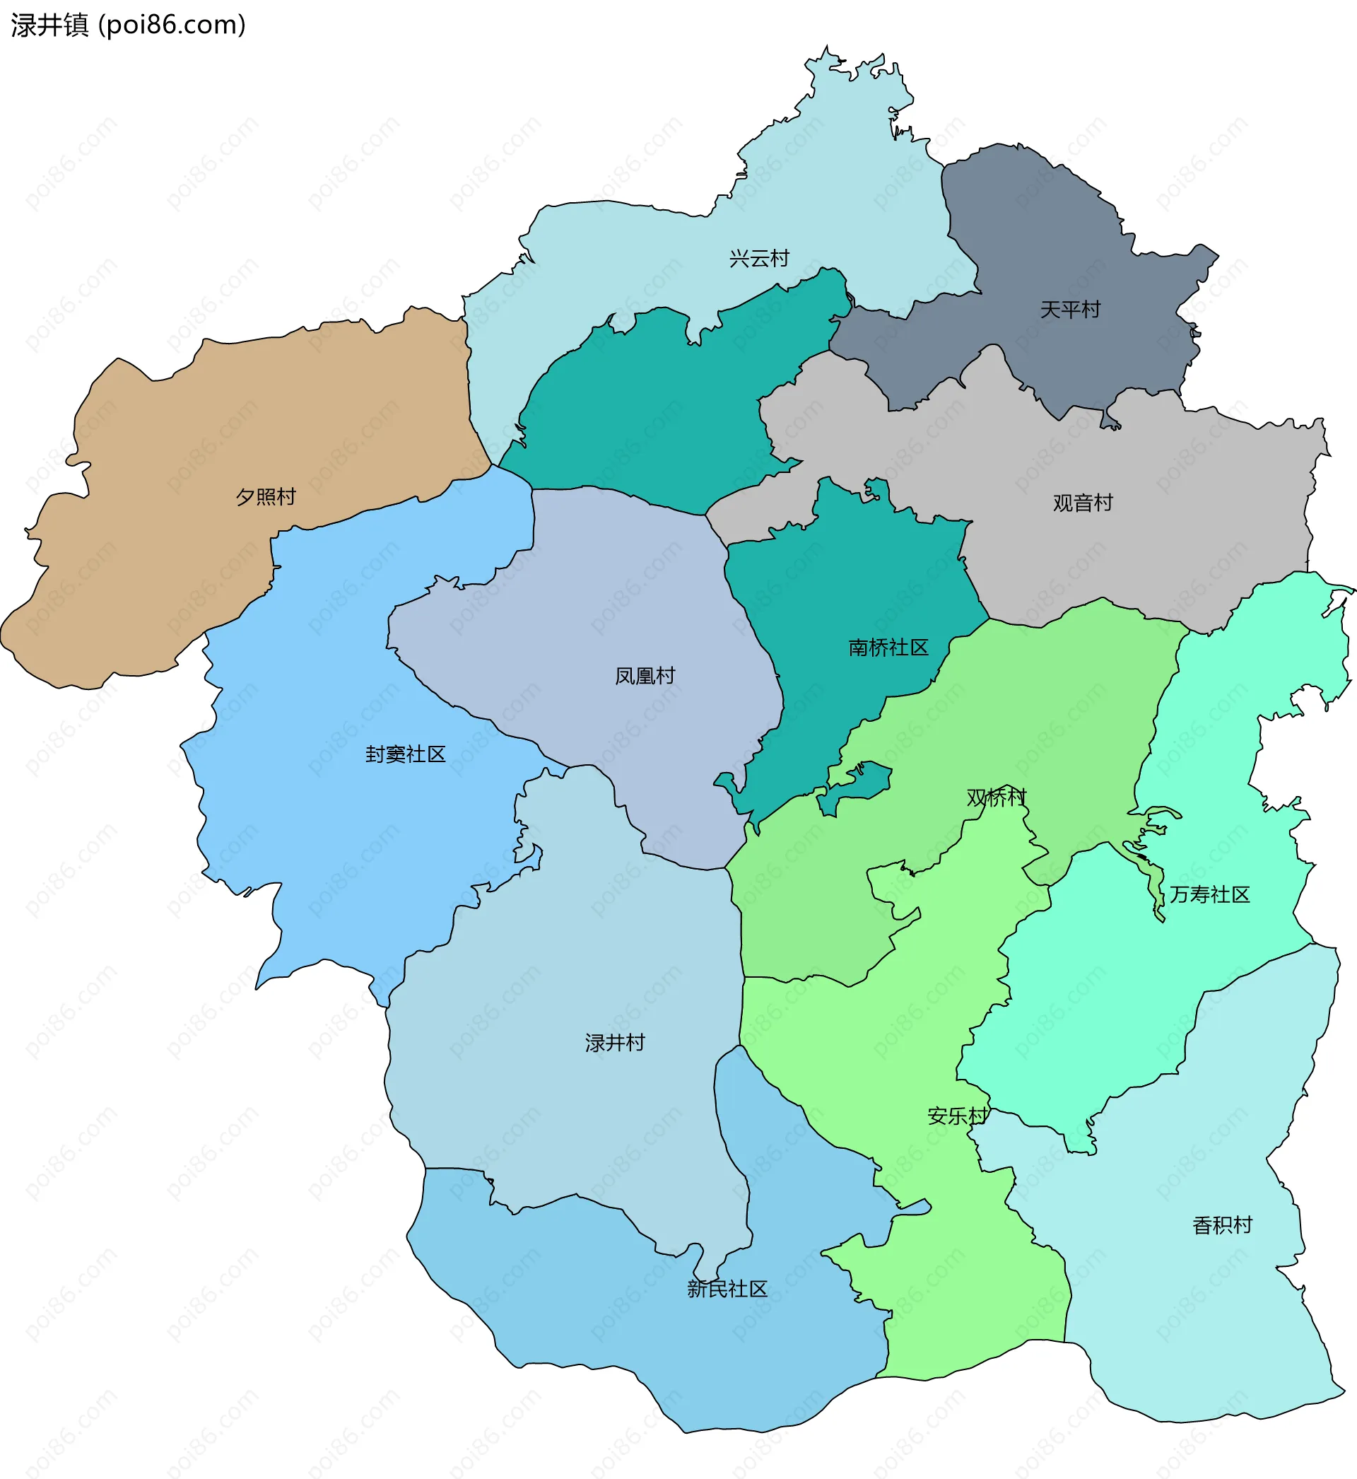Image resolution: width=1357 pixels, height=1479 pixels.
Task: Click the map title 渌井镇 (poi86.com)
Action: tap(129, 25)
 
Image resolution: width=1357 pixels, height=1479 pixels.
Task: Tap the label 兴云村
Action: tap(758, 259)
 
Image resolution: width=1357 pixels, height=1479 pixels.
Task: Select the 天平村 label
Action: tap(1070, 309)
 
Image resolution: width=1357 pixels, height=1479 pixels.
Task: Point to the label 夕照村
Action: tap(265, 496)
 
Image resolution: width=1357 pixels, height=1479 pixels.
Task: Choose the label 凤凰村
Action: tap(645, 675)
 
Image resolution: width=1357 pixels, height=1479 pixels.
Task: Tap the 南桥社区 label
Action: tap(888, 647)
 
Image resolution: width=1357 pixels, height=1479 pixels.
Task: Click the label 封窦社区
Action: tap(406, 754)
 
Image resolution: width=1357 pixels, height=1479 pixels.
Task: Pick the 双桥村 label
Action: tap(996, 797)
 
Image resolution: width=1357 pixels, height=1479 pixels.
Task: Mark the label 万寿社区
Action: tap(1209, 894)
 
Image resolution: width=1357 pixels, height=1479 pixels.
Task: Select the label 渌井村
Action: tap(615, 1042)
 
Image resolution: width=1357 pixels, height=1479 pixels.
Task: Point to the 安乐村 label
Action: tap(958, 1116)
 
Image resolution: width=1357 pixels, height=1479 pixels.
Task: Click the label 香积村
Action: tap(1222, 1225)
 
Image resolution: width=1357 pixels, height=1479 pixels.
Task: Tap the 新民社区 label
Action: tap(727, 1288)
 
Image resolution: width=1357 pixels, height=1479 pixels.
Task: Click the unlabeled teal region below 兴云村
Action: tap(661, 411)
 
